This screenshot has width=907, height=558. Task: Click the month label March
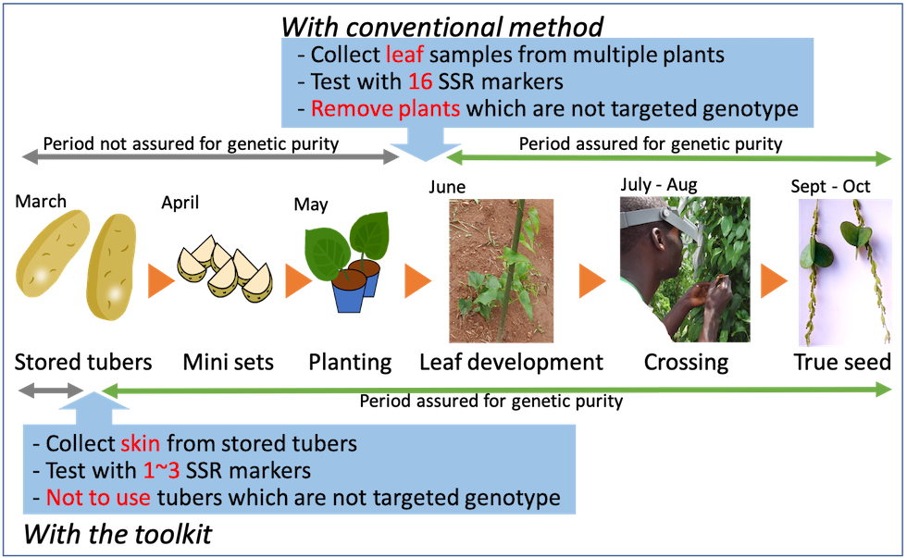pos(41,201)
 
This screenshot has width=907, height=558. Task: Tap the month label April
pos(180,203)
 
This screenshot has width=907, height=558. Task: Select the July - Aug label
pos(659,185)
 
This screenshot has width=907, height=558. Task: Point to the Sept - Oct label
pos(830,187)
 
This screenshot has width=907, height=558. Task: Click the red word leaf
pos(405,55)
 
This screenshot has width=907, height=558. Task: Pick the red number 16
pos(420,81)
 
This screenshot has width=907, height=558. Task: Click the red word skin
pos(141,443)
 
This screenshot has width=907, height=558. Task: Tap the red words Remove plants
pos(386,108)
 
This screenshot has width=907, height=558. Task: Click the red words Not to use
pos(98,498)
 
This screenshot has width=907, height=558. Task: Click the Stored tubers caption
pos(83,363)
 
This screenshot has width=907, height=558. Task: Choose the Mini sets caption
pos(229,363)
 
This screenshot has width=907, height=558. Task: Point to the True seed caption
pos(842,363)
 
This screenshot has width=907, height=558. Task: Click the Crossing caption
pos(686,363)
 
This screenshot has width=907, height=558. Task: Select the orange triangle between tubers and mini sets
pos(160,281)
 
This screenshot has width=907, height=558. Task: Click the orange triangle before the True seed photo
pos(774,281)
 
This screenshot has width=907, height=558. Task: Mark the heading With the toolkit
pos(118,534)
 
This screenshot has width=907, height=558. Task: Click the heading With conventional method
pos(442,27)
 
